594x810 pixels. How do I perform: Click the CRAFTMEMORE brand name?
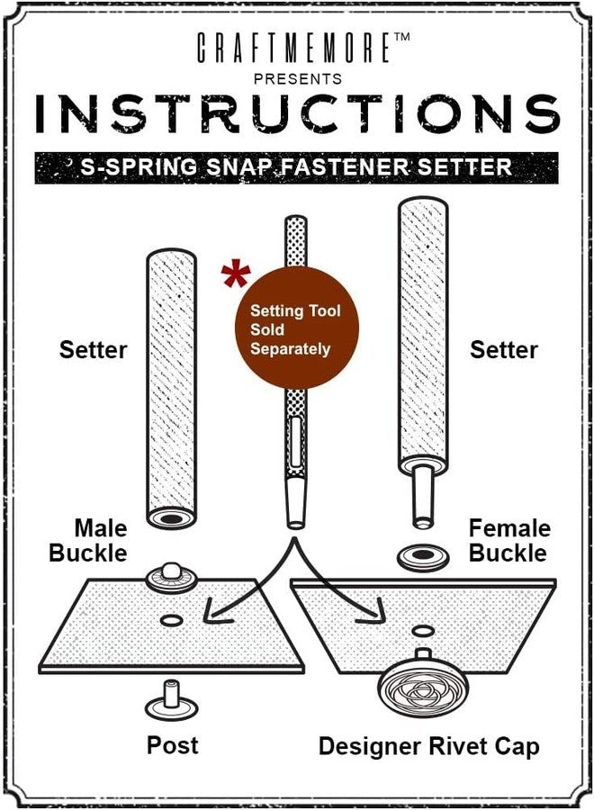coord(293,48)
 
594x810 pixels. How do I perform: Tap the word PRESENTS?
coord(298,79)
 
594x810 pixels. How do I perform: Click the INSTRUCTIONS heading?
coord(298,113)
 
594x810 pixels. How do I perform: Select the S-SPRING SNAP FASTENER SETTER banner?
coord(296,167)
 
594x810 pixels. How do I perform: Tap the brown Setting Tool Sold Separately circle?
coord(296,328)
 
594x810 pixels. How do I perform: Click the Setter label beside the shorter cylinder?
coord(93,350)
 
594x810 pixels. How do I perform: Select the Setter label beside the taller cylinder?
coord(504,350)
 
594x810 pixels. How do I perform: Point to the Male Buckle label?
coord(88,540)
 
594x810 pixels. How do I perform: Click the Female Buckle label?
coord(508,540)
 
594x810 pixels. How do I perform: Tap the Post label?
coord(173,745)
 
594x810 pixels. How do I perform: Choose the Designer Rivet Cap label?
coord(428,746)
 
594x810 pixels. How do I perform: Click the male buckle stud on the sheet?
coord(171,578)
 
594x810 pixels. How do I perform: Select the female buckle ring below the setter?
coord(423,557)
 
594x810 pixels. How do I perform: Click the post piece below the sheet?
coord(172,700)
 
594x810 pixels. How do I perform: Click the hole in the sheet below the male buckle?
coord(172,620)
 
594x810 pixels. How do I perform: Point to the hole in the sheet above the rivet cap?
coord(423,631)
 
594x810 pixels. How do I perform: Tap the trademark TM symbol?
coord(401,37)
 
